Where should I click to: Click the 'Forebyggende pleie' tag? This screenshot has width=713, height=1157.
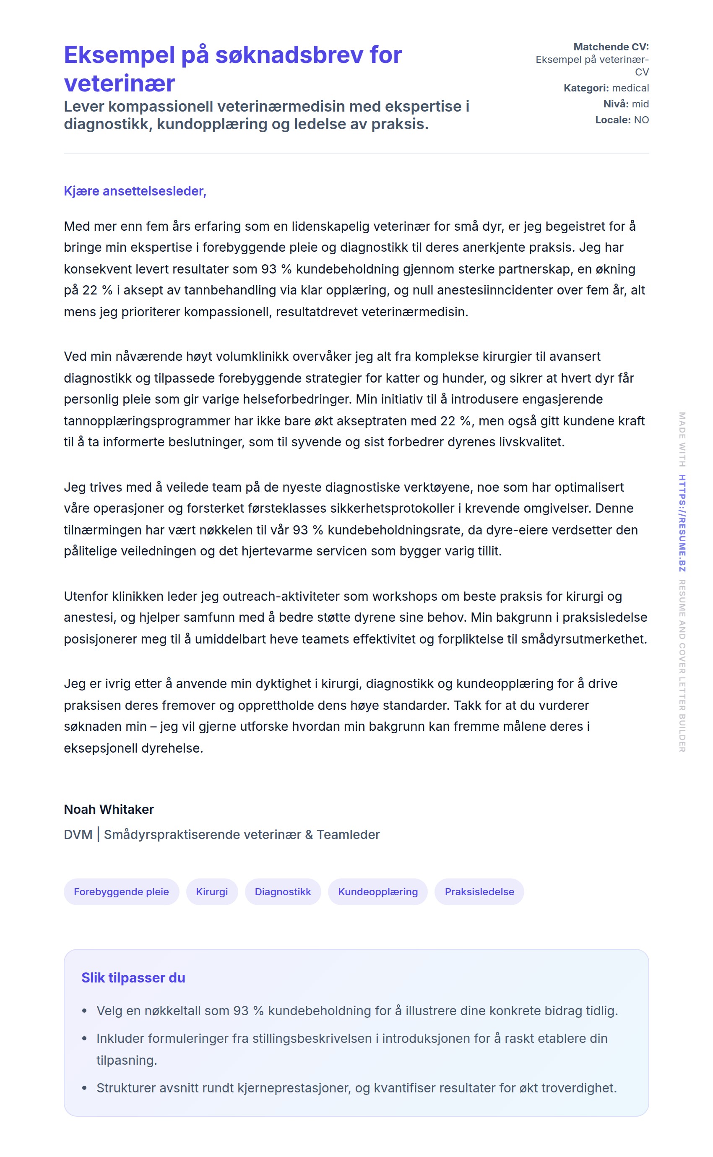tap(121, 891)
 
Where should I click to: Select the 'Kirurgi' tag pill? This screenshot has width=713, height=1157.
tap(212, 891)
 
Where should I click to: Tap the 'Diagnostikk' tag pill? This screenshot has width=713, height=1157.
tap(282, 891)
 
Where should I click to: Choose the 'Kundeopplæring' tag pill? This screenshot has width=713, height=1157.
tap(378, 891)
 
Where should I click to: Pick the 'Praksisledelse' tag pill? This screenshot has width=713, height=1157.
tap(479, 891)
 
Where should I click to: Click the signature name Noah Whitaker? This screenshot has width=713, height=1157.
tap(109, 809)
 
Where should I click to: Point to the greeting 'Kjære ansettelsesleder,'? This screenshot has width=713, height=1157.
tap(135, 191)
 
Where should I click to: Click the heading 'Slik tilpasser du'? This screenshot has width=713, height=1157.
tap(133, 978)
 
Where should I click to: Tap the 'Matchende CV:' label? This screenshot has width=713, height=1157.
tap(611, 47)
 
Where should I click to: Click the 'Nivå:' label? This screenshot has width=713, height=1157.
tap(616, 104)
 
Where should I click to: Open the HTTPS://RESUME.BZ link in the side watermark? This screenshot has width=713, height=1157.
tap(682, 523)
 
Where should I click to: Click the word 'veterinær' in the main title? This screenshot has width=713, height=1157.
tap(119, 83)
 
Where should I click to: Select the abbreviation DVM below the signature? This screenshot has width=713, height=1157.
tap(78, 834)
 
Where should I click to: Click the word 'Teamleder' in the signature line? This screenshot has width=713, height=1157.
tap(348, 834)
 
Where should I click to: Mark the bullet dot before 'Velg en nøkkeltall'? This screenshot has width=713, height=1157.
tap(84, 1011)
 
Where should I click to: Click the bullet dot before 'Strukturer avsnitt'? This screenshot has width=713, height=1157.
tap(84, 1088)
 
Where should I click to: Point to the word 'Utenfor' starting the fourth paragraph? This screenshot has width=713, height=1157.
tap(86, 596)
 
